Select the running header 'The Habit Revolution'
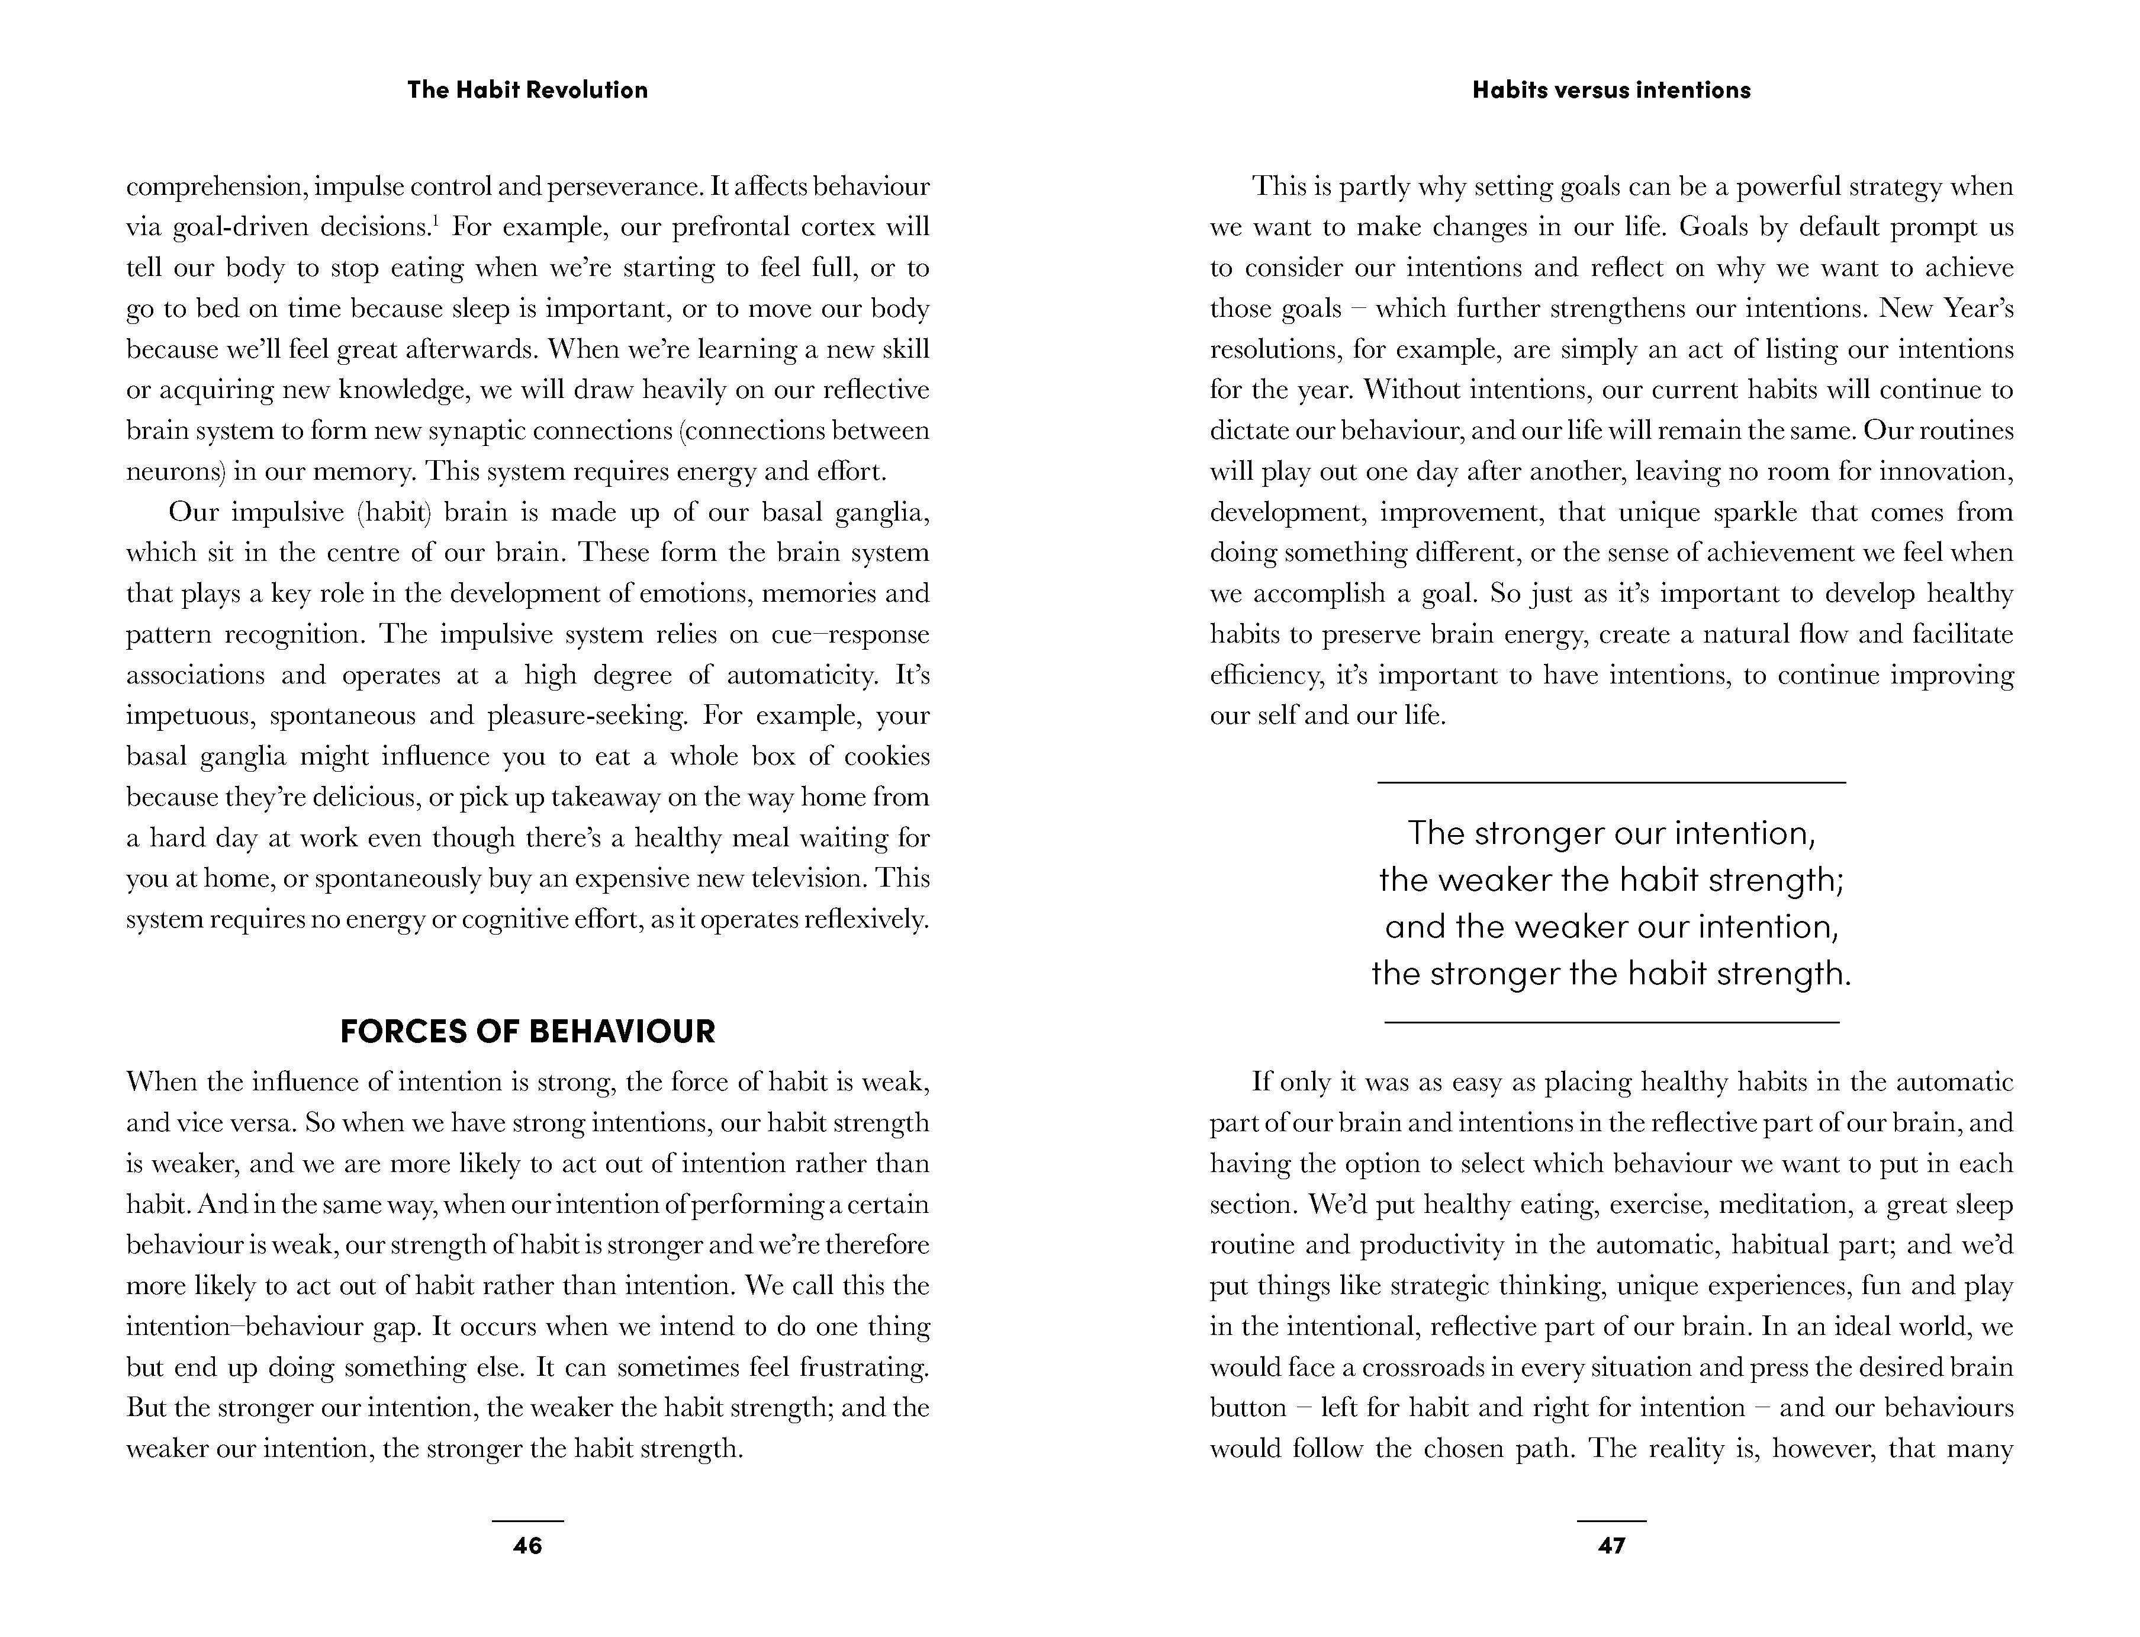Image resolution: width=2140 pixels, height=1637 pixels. tap(527, 89)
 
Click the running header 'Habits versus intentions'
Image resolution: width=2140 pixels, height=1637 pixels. tap(1611, 89)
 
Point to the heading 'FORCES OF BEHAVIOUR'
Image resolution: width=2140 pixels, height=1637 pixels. tap(527, 1031)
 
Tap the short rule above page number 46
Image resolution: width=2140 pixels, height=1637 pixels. tap(527, 1521)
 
